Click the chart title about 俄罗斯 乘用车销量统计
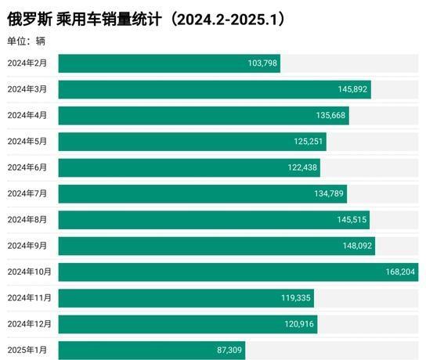[146, 19]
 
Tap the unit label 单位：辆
[26, 41]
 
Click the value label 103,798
[262, 63]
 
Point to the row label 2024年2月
[27, 63]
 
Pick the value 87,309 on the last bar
[229, 351]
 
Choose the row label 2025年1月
[27, 351]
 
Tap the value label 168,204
[400, 272]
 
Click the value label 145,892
[353, 90]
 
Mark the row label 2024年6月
[27, 167]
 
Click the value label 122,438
[302, 167]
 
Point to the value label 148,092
[358, 246]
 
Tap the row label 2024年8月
[27, 220]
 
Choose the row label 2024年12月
[29, 324]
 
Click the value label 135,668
[331, 116]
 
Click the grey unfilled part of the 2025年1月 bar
[333, 351]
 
